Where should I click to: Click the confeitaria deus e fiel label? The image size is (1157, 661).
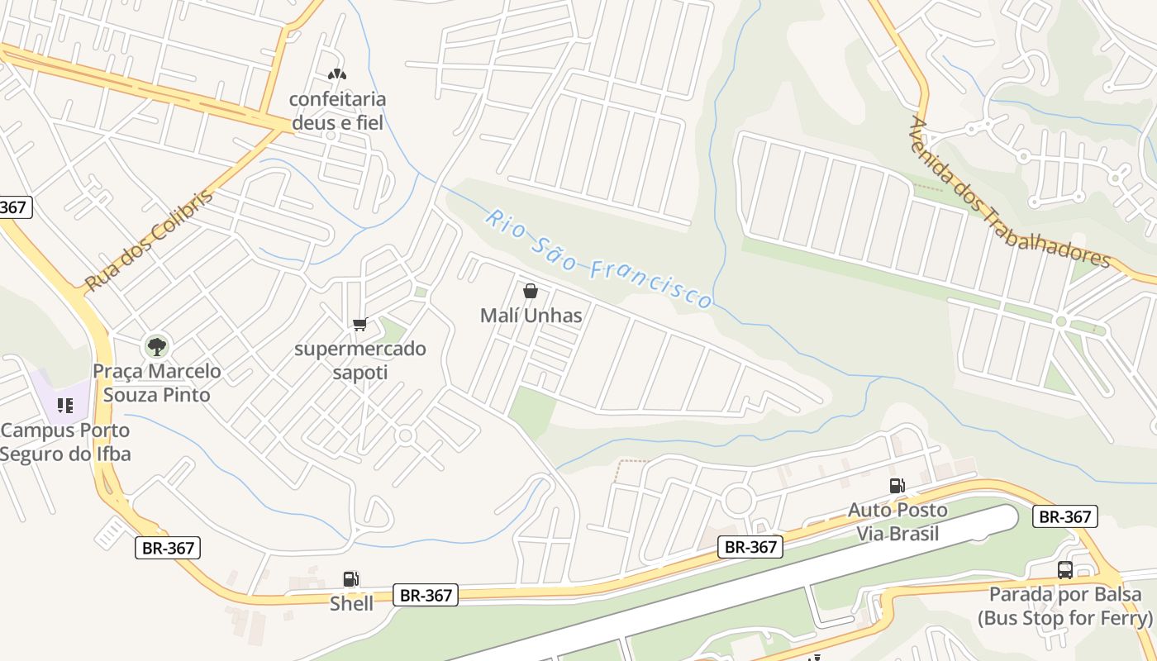click(337, 111)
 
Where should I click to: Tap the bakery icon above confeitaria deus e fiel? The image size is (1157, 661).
click(336, 74)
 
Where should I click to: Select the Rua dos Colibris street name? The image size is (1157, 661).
click(149, 240)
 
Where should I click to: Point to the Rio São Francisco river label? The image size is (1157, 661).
click(598, 259)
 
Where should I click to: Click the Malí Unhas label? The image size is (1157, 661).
click(531, 316)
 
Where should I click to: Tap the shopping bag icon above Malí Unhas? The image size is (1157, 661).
click(531, 291)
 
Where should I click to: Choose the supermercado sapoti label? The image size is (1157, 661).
click(360, 360)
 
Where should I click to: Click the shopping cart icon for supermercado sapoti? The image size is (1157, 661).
click(359, 325)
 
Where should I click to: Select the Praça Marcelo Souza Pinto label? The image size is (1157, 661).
click(157, 383)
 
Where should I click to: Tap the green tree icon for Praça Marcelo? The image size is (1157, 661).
click(156, 346)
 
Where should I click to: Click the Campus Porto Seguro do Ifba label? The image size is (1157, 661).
click(65, 442)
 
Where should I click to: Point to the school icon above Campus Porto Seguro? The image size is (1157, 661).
click(65, 406)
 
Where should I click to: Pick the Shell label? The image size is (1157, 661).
click(351, 604)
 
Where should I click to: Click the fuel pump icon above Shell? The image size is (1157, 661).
click(351, 579)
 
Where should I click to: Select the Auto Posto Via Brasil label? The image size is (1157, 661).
click(898, 521)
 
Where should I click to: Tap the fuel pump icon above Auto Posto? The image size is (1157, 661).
click(897, 486)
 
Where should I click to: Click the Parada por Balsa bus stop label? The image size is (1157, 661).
click(1065, 606)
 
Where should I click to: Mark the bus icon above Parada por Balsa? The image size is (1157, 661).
click(1065, 569)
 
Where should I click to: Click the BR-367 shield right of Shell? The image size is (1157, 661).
click(426, 595)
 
